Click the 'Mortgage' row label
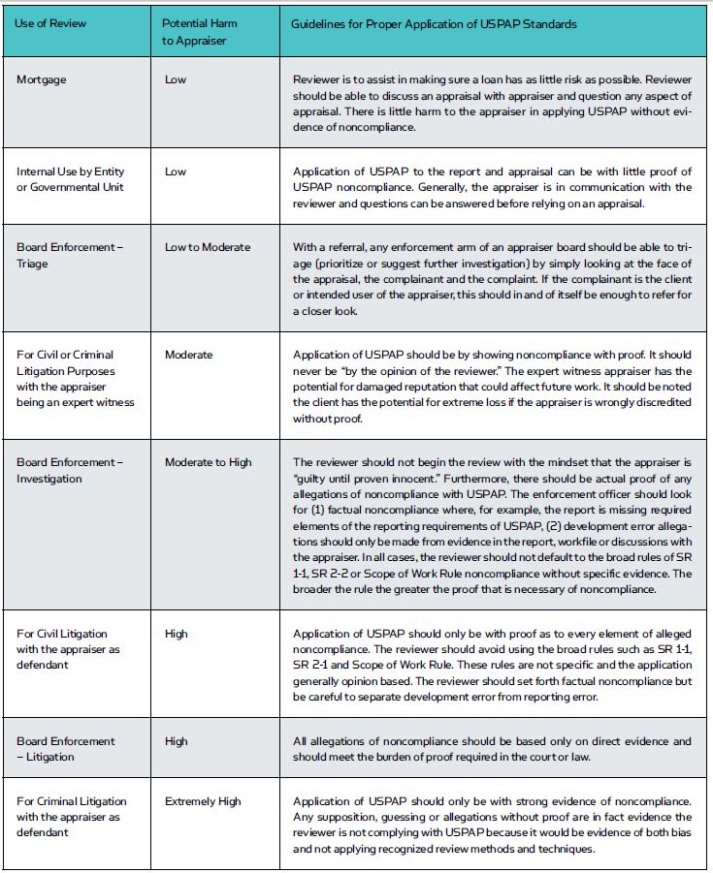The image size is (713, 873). coord(42,79)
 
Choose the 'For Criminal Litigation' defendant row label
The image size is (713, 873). coord(72,816)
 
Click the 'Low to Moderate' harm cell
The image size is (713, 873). coord(207,247)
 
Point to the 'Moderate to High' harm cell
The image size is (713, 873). coord(208,462)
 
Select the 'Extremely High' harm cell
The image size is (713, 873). coord(203,801)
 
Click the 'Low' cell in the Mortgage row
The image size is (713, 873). coord(176,79)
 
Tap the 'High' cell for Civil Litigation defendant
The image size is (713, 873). coord(177,634)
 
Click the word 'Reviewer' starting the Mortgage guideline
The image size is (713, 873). coord(317,79)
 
